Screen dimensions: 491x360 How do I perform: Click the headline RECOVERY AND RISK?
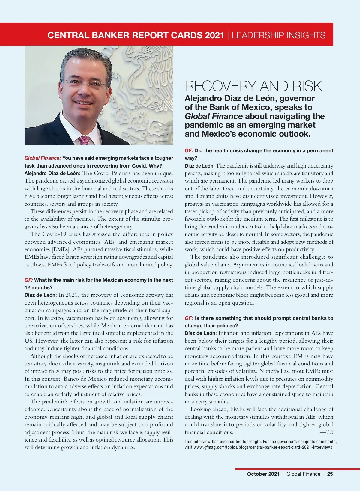(253, 86)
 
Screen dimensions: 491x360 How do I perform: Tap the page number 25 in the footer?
(330, 474)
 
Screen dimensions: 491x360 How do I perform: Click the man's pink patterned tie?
(85, 140)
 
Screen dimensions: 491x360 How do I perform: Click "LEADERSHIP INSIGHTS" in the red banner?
(278, 35)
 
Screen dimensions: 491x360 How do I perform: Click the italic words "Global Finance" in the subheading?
(214, 116)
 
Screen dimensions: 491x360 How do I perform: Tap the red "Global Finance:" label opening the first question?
(43, 158)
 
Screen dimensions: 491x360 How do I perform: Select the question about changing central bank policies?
(259, 322)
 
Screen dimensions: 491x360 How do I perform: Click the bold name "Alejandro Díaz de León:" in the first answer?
(52, 173)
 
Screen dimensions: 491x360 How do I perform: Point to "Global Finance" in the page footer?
(303, 474)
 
